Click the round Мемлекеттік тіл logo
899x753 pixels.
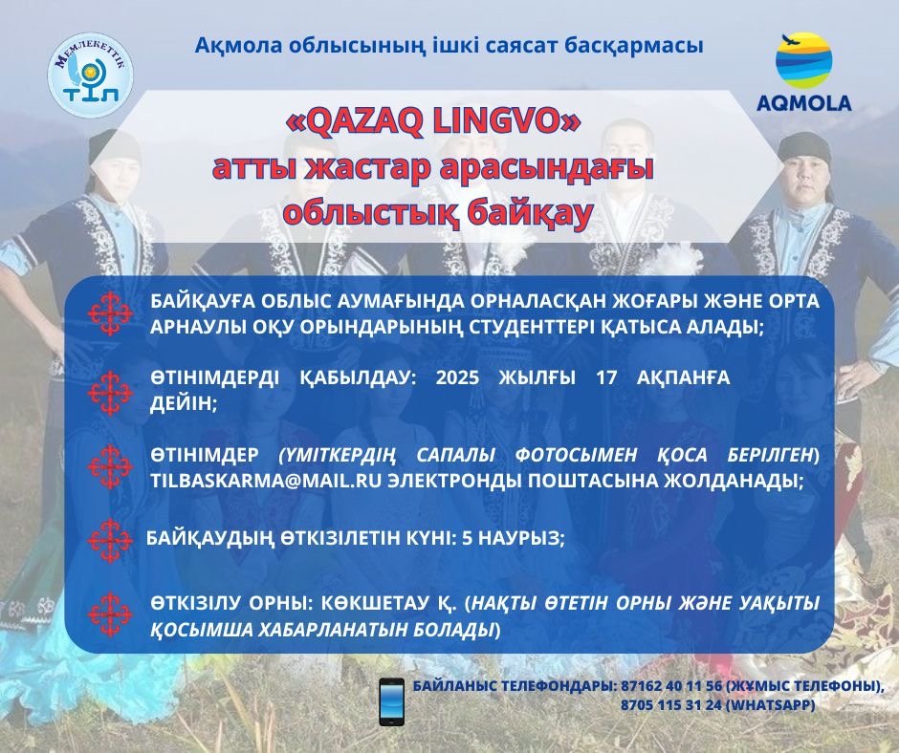91,75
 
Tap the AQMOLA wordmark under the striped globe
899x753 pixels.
803,103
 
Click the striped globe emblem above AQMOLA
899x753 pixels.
803,59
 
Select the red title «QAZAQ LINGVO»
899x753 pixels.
433,121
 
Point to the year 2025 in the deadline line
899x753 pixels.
457,378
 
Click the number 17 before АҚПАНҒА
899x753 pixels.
606,378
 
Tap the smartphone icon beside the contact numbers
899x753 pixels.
391,702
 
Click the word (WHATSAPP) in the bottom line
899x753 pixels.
770,705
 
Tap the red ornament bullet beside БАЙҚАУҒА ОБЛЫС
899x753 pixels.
110,313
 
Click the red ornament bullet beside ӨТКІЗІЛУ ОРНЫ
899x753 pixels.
110,614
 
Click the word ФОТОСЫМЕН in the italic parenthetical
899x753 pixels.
576,455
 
